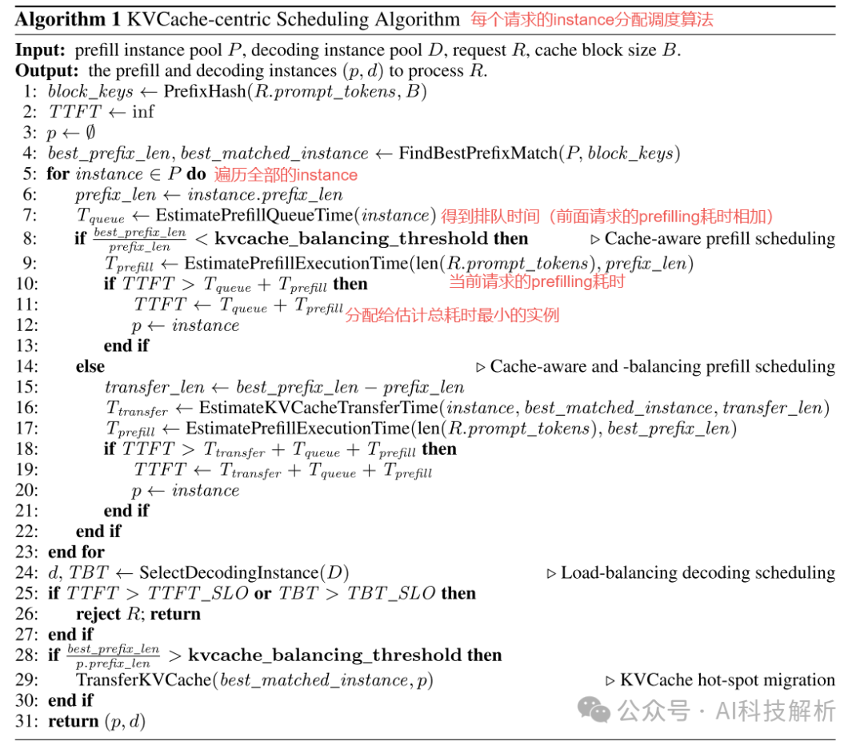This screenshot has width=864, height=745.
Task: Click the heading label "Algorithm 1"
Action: (60, 19)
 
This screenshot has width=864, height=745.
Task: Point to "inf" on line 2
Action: (143, 112)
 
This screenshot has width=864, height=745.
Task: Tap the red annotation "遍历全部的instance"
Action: (286, 174)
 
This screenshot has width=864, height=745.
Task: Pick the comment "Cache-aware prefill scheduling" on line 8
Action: (719, 238)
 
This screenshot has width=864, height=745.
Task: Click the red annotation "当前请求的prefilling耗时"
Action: (536, 281)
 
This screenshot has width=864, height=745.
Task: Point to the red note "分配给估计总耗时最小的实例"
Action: (452, 315)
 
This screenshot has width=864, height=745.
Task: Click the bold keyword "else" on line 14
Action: (90, 366)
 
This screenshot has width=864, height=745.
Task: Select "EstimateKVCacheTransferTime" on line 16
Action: (319, 408)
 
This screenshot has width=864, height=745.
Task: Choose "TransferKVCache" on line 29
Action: (145, 679)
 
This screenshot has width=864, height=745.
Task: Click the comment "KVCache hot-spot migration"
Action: (727, 680)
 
